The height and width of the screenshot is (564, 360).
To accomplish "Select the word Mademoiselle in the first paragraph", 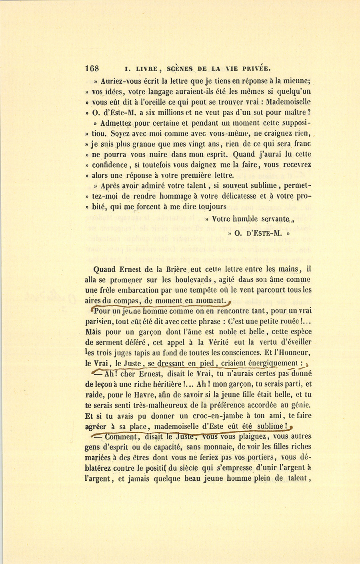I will pyautogui.click(x=288, y=102).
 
